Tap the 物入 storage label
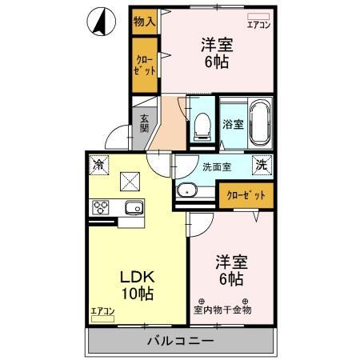coord(144,21)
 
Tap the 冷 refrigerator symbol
coord(98,165)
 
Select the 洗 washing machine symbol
coord(261,165)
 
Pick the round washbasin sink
coord(188,191)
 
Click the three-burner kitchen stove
coord(102,208)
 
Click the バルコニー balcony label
coord(180,342)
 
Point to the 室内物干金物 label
coord(222,309)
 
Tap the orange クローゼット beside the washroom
coord(244,194)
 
